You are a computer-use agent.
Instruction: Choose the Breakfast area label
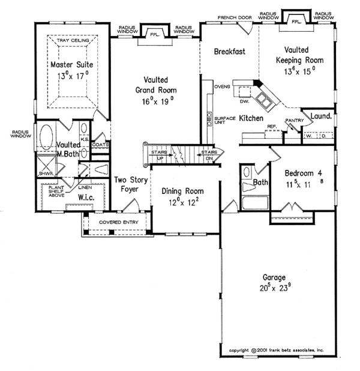[230, 52]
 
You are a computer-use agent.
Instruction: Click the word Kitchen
[251, 119]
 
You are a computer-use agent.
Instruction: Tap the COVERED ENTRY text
[119, 223]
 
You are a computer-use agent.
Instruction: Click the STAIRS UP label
[158, 155]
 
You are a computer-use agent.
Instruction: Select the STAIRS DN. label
[209, 155]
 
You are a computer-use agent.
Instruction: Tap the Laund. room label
[321, 113]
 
